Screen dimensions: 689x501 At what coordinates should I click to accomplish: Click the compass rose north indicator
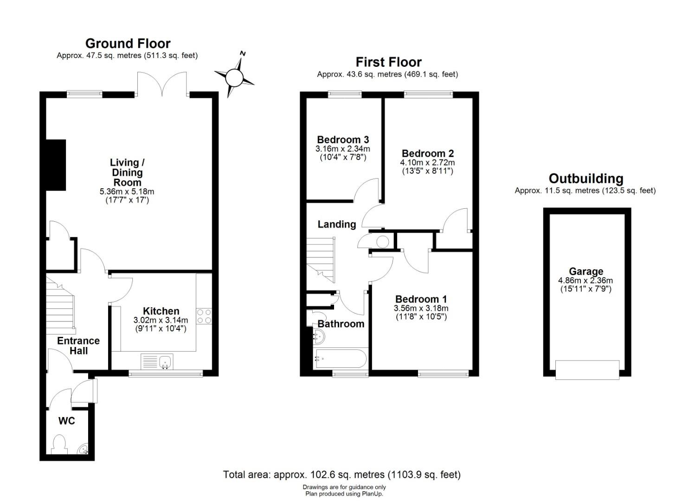click(x=234, y=77)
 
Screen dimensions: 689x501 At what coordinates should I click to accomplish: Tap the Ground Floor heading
click(x=128, y=44)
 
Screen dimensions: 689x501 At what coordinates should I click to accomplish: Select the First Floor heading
click(x=388, y=62)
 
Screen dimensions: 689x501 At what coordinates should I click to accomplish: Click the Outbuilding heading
click(x=586, y=179)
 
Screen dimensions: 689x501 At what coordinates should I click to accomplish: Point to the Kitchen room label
click(x=161, y=311)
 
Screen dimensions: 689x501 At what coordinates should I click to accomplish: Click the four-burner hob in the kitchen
click(x=204, y=316)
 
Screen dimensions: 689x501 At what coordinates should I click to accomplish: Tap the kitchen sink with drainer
click(x=157, y=361)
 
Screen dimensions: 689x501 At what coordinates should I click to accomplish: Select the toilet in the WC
click(x=59, y=445)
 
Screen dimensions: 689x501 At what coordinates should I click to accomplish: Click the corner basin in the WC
click(x=84, y=449)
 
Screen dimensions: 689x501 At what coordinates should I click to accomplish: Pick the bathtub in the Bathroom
click(x=340, y=359)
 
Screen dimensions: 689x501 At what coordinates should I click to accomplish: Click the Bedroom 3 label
click(x=343, y=140)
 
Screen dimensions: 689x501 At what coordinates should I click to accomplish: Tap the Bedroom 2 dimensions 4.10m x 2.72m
click(x=427, y=162)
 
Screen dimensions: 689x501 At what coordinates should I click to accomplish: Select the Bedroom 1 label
click(x=421, y=299)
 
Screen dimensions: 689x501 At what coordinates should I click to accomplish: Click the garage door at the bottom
click(x=587, y=370)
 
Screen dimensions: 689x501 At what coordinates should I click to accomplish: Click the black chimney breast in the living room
click(x=56, y=165)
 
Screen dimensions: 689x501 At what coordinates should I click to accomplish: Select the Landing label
click(x=337, y=224)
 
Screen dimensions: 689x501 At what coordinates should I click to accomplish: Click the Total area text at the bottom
click(x=342, y=475)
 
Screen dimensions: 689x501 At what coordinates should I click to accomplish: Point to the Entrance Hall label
click(x=78, y=346)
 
